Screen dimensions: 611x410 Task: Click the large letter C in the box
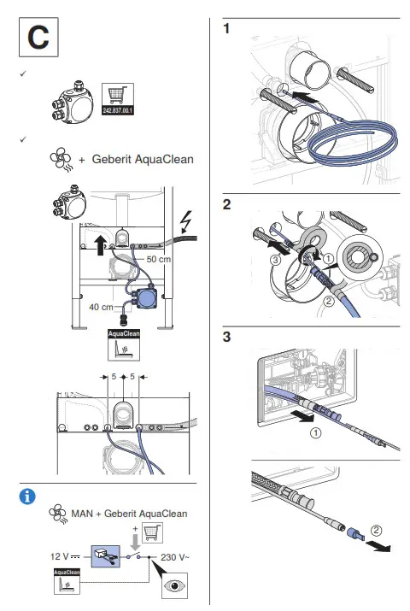[38, 38]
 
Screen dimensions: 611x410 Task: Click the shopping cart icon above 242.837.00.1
[118, 96]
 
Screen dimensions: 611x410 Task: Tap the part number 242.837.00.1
[118, 112]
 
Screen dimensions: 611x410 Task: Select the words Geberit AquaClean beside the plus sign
[143, 159]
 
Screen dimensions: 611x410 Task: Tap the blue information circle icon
[28, 495]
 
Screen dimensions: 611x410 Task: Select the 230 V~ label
[177, 556]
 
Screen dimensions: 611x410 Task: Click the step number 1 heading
[226, 30]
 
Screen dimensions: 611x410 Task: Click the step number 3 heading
[226, 336]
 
